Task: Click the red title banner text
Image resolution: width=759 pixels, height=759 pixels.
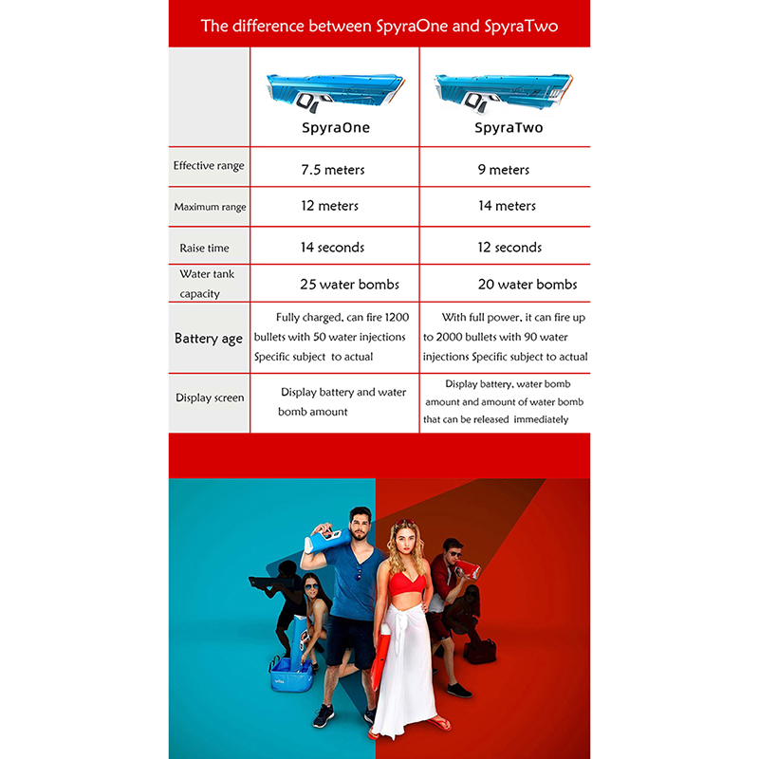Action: (x=379, y=26)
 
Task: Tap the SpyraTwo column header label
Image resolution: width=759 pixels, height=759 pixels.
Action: (x=509, y=127)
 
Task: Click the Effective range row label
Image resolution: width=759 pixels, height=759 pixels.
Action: (x=209, y=166)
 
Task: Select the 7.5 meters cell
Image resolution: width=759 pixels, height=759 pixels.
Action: (x=332, y=170)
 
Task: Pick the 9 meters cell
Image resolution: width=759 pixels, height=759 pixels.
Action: (x=504, y=170)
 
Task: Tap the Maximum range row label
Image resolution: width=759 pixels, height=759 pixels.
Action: (x=210, y=207)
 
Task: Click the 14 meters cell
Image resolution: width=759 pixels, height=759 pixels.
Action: (x=508, y=206)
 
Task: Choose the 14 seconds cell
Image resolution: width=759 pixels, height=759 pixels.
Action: (x=333, y=248)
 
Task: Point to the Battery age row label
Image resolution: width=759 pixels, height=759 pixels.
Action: (x=209, y=339)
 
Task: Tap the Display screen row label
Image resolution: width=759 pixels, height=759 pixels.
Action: (x=210, y=398)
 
